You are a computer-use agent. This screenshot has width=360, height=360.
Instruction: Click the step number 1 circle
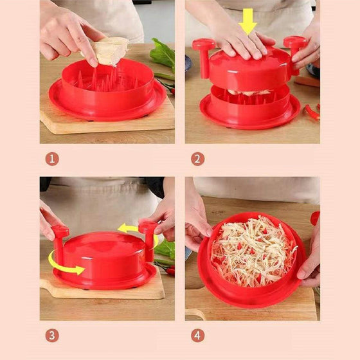click(52, 159)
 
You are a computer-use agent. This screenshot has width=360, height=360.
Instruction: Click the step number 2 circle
click(198, 159)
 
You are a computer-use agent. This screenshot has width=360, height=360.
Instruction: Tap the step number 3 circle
click(52, 336)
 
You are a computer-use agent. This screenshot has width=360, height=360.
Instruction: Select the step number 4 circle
click(198, 336)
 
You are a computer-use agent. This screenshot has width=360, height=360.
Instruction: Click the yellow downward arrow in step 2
click(248, 22)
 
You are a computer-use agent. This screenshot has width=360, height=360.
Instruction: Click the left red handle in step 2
click(204, 57)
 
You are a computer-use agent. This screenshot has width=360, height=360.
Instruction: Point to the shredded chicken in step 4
click(253, 251)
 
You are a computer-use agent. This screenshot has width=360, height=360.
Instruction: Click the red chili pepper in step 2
click(312, 112)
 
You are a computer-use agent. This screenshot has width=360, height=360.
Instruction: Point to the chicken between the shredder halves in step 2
click(249, 93)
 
